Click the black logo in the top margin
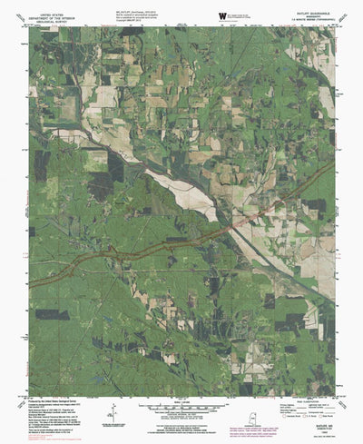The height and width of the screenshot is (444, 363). tap(222, 15)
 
